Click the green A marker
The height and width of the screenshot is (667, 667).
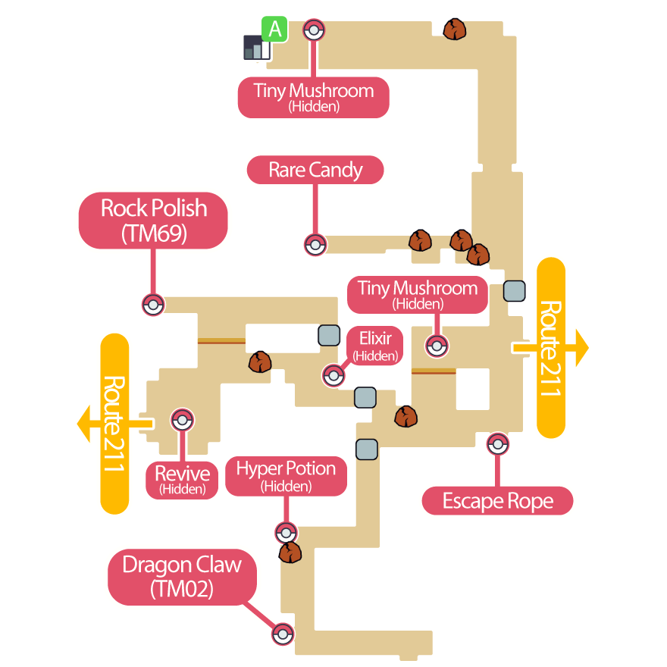[274, 29]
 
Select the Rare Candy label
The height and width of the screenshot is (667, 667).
[315, 170]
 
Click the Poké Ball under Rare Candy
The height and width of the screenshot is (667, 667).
[315, 245]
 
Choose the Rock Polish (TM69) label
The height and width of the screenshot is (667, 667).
[154, 220]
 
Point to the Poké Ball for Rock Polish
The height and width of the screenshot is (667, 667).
[153, 305]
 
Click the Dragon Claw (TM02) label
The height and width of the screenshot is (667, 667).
[182, 576]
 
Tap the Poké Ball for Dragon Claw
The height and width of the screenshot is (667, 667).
[283, 634]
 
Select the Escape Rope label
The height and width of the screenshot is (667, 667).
[497, 501]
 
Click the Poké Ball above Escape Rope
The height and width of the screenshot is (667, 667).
[497, 443]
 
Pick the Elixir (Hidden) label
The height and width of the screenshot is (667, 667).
[374, 346]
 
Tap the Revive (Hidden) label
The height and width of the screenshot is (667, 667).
[183, 480]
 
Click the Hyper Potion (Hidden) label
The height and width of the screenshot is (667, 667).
[286, 475]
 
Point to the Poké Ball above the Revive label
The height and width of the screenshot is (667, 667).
[183, 419]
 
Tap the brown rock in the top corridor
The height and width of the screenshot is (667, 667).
[454, 30]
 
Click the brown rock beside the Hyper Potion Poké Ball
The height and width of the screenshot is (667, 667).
[290, 552]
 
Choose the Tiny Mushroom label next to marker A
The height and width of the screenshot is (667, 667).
[314, 96]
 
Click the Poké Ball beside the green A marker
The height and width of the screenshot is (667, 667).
[314, 30]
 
